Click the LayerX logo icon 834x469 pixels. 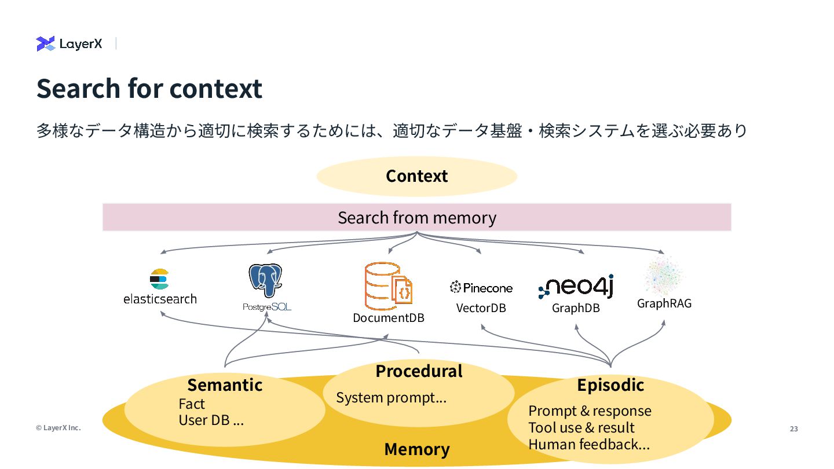pos(45,43)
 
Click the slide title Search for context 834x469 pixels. pos(149,89)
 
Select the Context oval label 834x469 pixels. pos(416,176)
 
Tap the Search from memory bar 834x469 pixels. pos(416,217)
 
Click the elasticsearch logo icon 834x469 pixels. pos(159,279)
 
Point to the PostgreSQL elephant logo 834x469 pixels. pos(265,280)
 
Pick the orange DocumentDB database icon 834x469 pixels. pos(388,286)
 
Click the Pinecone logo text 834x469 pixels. pos(481,288)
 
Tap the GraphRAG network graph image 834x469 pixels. pos(664,276)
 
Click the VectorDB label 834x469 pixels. pos(481,308)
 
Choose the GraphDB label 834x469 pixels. pos(576,308)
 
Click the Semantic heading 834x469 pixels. pos(225,385)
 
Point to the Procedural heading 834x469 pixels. pos(419,371)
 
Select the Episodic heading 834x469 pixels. pos(610,385)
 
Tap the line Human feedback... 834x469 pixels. pos(589,445)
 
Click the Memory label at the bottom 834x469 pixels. pos(417,449)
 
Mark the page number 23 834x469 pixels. pos(794,429)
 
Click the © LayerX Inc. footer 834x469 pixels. pos(58,428)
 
